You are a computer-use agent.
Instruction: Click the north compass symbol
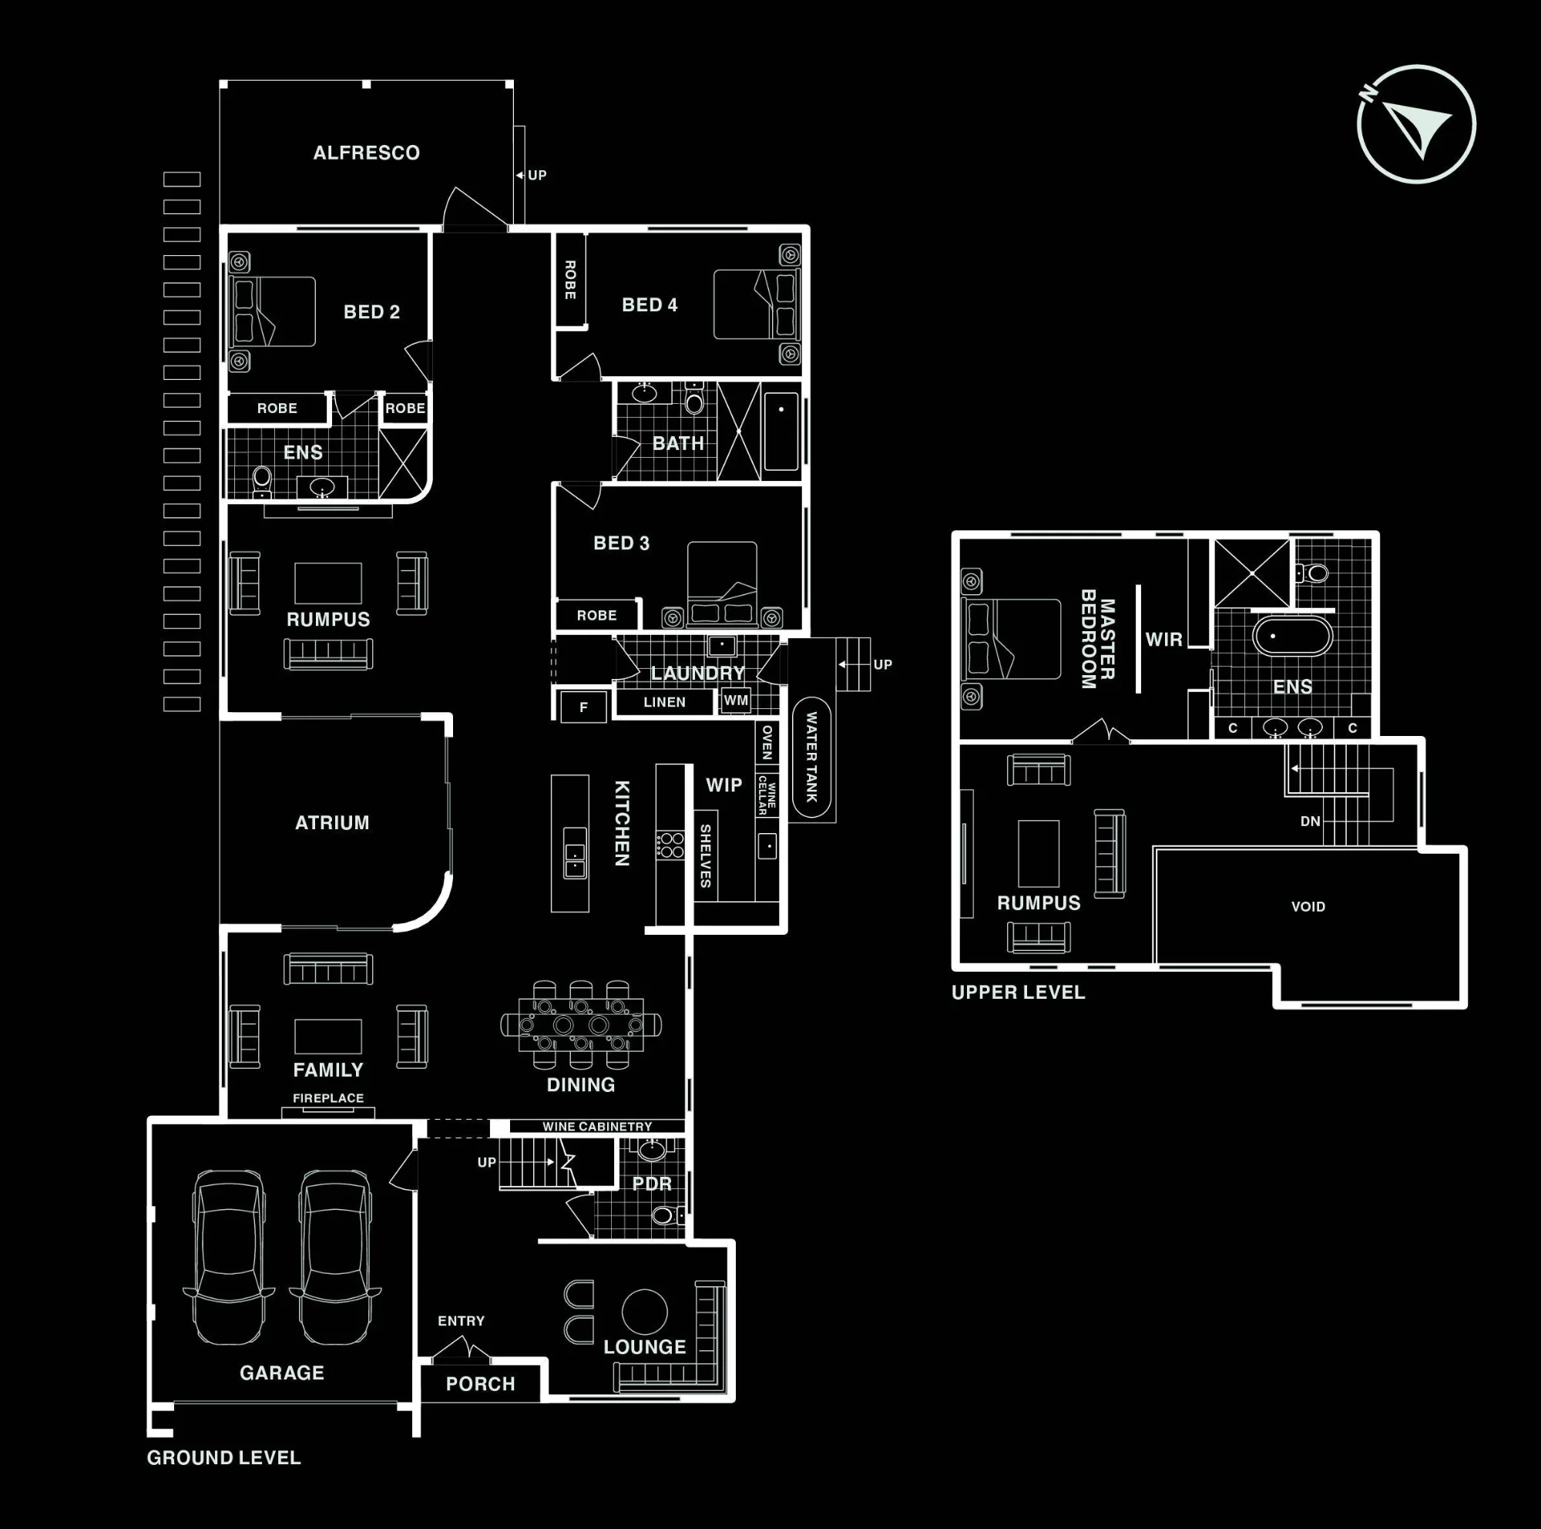click(x=1417, y=124)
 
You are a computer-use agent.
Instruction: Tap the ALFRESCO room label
click(x=366, y=153)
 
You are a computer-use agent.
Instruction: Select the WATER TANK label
click(x=811, y=757)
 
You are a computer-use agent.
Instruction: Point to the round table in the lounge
click(x=644, y=1312)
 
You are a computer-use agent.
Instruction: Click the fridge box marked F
click(x=583, y=707)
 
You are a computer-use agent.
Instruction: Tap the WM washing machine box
click(x=735, y=701)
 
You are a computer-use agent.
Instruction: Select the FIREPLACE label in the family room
click(x=327, y=1098)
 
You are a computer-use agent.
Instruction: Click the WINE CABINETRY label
click(x=597, y=1126)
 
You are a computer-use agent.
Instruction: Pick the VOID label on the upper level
click(x=1308, y=907)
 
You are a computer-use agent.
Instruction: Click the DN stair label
click(x=1311, y=822)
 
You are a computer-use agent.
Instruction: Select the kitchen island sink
click(x=574, y=852)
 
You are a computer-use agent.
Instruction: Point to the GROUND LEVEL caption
click(x=224, y=1457)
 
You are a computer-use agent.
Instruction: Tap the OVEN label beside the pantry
click(x=767, y=742)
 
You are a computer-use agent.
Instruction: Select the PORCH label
click(x=480, y=1384)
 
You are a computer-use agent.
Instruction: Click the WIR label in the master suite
click(x=1163, y=640)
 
